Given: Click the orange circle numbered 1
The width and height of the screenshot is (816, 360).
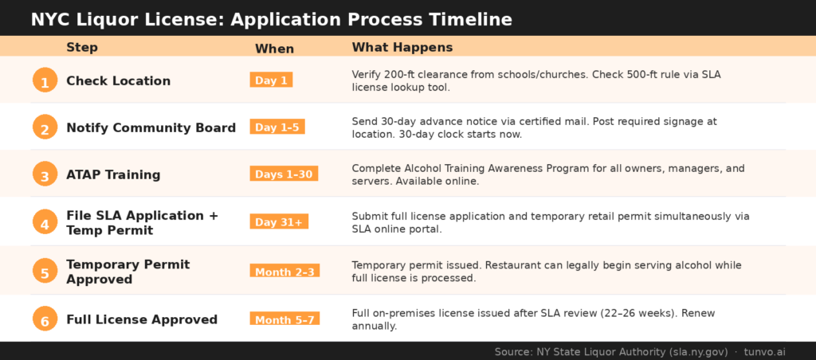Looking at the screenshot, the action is [45, 80].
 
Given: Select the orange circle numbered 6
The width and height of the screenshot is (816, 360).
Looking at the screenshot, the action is [45, 319].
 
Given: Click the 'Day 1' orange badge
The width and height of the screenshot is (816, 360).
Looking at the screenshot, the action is [271, 80].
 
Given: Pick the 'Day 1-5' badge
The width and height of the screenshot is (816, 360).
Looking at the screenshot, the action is [277, 127].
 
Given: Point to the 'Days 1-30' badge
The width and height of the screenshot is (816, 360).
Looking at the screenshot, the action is [284, 174].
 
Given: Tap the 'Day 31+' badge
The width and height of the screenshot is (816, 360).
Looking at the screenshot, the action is [279, 221].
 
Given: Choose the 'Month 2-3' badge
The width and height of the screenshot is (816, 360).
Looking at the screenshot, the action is [284, 271].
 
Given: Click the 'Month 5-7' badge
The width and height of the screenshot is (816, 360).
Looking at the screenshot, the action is [284, 319].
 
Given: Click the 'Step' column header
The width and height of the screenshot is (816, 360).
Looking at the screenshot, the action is [82, 47].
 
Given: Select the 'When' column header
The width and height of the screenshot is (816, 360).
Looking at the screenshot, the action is [274, 49].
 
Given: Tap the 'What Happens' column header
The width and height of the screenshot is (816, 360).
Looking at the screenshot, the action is [402, 47].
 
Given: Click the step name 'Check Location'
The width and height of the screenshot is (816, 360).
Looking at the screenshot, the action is [118, 80].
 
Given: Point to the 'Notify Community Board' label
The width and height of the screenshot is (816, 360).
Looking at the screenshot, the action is [151, 127].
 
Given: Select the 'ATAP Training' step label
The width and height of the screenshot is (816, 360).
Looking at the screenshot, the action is [113, 174].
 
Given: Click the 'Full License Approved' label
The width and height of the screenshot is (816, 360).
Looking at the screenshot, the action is [142, 319].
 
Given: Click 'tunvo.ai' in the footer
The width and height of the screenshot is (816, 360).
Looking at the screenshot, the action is [764, 351].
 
